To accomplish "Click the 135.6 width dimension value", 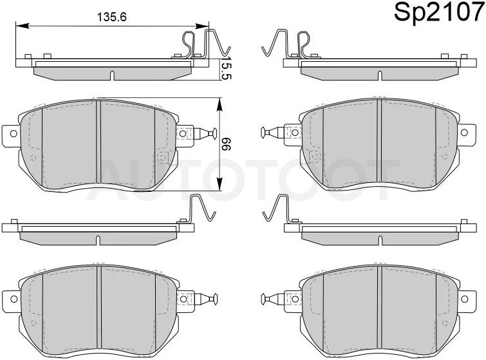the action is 112,17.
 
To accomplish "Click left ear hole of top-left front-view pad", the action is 14,134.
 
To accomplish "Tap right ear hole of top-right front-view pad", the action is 464,133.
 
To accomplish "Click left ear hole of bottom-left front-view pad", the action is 14,299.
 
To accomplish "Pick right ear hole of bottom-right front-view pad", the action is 464,299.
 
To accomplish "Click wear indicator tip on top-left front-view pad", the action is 214,134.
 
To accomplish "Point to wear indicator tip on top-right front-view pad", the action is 263,133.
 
